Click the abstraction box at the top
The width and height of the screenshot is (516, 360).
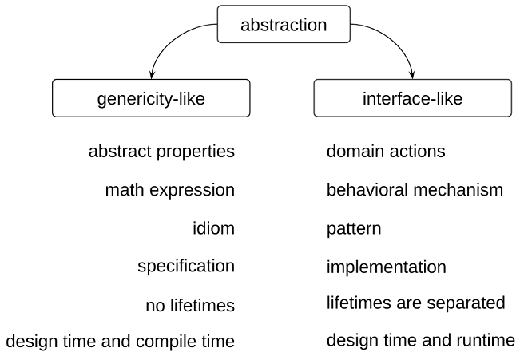[284, 25]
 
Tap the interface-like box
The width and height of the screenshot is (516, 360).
[411, 98]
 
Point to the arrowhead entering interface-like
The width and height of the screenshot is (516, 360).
[412, 77]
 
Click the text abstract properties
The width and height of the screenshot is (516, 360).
[161, 152]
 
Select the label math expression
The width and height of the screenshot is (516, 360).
[169, 190]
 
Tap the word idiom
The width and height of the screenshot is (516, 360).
[213, 228]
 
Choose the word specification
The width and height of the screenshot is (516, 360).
[185, 266]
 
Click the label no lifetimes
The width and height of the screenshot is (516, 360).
[190, 305]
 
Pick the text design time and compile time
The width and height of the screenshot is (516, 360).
[121, 342]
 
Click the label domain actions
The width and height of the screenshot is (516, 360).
[386, 152]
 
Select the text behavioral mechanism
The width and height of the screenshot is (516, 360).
[415, 190]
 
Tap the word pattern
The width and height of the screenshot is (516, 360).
[354, 229]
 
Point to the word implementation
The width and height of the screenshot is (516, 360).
[386, 267]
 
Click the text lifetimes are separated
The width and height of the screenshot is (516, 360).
[415, 303]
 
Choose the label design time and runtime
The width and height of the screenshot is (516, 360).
[421, 341]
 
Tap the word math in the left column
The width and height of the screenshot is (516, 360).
[122, 190]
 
